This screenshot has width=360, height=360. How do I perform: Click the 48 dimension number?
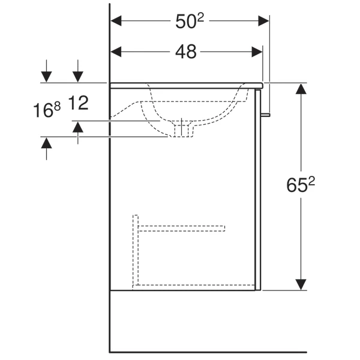click(186, 52)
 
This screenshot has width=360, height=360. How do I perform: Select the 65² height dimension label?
click(301, 185)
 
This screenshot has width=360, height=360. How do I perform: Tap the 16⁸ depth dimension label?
click(47, 110)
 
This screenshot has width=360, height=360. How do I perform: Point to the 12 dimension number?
click(78, 103)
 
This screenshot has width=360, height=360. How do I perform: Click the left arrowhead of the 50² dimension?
click(116, 21)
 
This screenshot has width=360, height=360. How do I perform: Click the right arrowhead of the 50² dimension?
click(263, 21)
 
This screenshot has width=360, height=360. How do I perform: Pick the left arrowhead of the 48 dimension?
click(116, 52)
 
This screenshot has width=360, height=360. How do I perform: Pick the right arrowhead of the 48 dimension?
click(257, 52)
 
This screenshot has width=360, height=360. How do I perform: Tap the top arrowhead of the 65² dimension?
click(301, 89)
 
